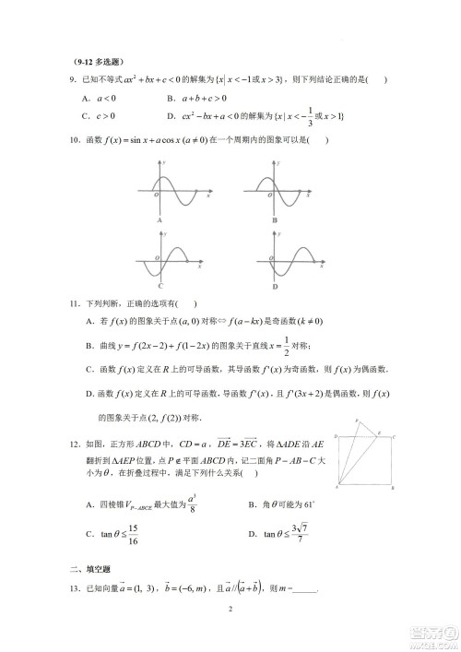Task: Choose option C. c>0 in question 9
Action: (98, 117)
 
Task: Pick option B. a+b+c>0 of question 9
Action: (197, 98)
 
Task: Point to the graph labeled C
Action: (175, 257)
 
